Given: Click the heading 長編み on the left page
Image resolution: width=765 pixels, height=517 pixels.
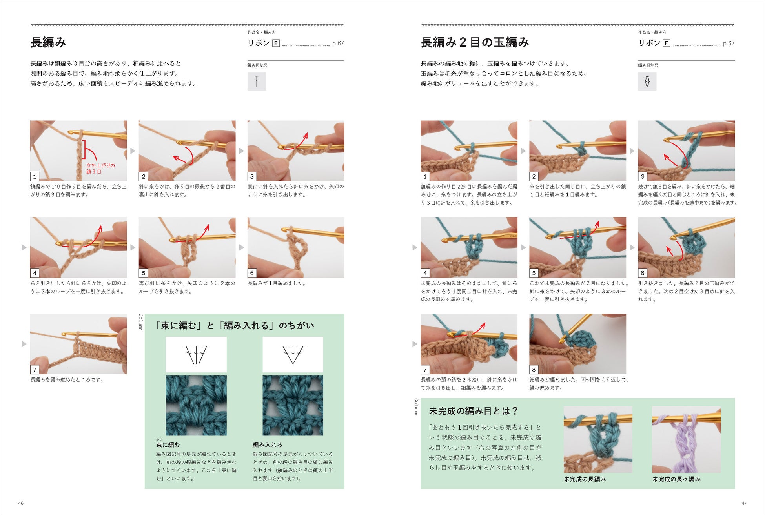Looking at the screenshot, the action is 48,42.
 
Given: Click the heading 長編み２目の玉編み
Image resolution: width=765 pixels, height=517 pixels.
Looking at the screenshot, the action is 475,42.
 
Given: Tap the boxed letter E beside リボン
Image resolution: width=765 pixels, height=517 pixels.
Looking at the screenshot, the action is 276,43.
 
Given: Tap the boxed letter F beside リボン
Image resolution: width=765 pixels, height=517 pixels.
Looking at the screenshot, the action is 666,43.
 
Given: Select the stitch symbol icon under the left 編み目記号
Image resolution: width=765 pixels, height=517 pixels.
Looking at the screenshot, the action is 257,81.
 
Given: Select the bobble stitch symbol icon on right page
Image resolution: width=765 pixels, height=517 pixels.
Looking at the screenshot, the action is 647,81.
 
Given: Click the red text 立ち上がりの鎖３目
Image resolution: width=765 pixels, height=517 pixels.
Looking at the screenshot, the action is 100,169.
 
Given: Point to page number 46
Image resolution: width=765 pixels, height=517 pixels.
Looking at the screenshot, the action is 21,503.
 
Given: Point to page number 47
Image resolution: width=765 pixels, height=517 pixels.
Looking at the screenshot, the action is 744,503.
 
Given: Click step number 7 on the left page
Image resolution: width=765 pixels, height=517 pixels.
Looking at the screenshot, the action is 35,370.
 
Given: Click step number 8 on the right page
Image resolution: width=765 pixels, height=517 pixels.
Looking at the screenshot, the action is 534,370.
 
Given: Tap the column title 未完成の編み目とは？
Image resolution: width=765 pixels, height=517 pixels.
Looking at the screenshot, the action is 474,411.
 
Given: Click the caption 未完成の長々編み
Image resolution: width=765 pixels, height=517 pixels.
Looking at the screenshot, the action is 676,479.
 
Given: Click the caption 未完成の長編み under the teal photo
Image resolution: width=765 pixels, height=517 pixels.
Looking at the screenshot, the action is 585,479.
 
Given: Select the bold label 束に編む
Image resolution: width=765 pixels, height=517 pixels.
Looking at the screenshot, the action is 168,445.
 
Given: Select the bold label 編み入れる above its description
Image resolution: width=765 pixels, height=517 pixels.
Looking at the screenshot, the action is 268,445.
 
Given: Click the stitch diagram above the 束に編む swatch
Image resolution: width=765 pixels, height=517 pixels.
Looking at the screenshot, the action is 196,354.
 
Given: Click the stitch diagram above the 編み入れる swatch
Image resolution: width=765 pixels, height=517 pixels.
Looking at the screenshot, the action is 293,354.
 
